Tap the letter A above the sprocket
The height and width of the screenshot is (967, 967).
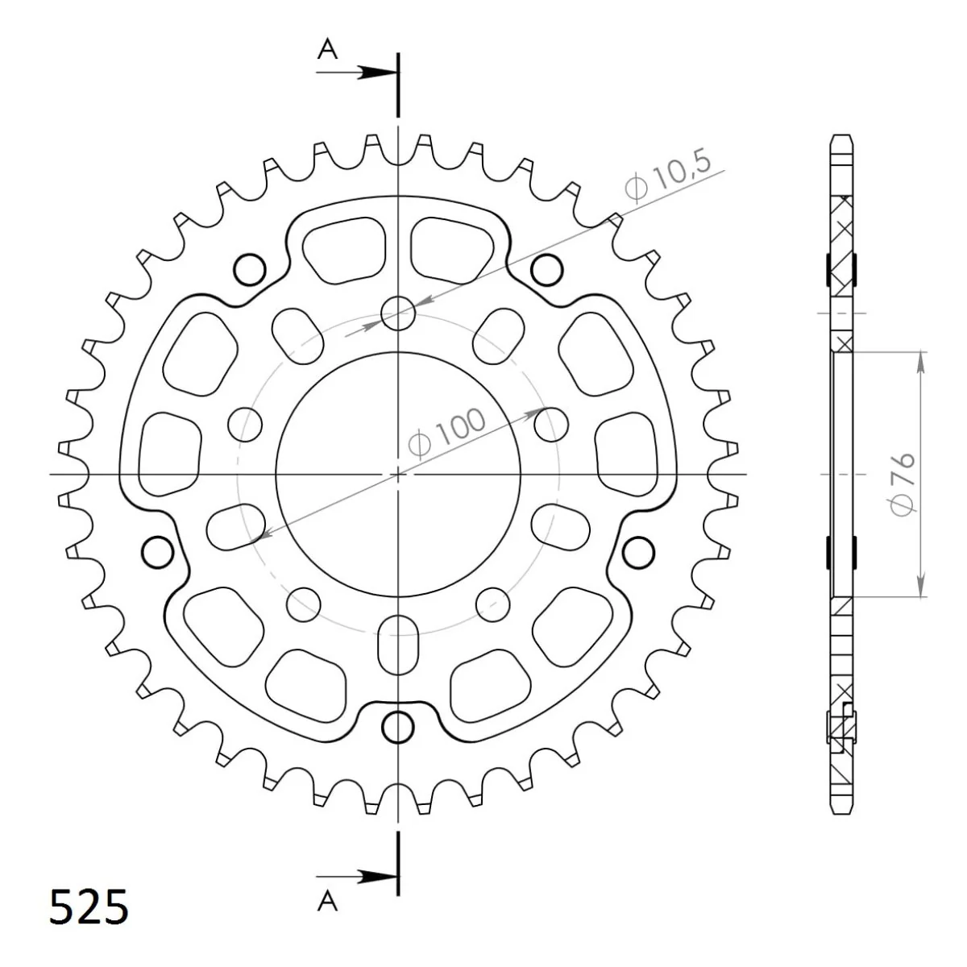[x=327, y=50]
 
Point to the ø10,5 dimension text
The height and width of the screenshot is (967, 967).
[x=668, y=176]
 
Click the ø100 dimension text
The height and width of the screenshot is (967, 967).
[x=446, y=433]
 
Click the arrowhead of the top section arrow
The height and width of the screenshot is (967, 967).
[x=376, y=73]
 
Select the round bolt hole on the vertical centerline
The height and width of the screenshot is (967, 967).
[x=398, y=313]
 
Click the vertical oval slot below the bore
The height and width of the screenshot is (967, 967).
[x=398, y=645]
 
